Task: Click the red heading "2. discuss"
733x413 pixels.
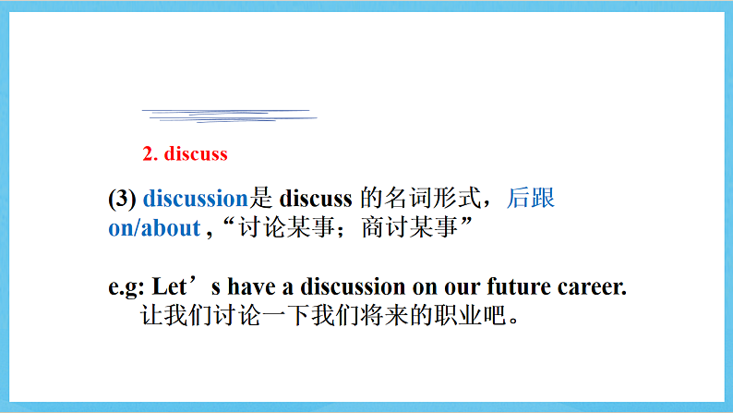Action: [x=185, y=153]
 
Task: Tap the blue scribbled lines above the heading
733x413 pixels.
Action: [x=228, y=115]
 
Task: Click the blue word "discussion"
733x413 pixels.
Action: [x=196, y=199]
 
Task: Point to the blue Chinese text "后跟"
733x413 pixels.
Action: [x=531, y=199]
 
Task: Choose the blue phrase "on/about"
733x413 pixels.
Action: [x=154, y=228]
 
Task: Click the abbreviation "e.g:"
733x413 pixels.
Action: [x=126, y=286]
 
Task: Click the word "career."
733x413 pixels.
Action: [x=592, y=286]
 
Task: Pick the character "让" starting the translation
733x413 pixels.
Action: [x=151, y=316]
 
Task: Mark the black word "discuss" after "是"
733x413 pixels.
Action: [x=316, y=199]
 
